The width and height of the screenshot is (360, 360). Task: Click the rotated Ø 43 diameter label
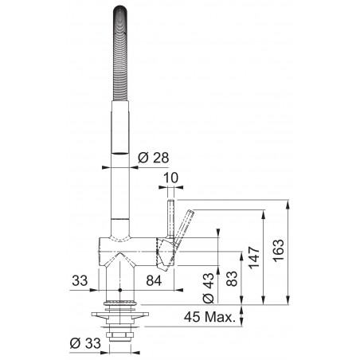208,289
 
